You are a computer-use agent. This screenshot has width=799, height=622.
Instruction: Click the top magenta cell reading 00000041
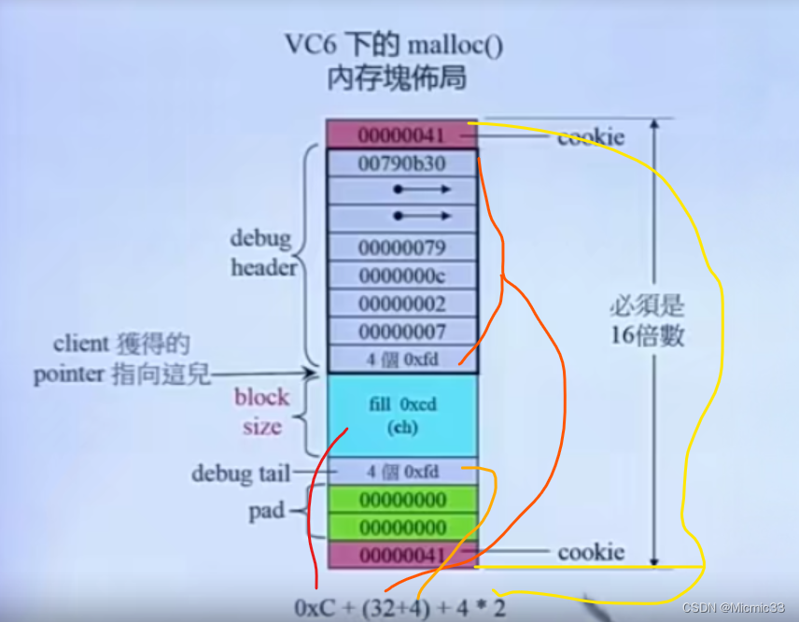[x=401, y=134]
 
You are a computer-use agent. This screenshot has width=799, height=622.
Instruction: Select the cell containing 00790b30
[x=401, y=163]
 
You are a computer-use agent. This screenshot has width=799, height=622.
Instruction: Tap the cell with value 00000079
[x=401, y=247]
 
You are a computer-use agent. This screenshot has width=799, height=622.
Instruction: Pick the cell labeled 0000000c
[x=401, y=276]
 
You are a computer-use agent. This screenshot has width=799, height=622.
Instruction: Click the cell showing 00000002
[x=401, y=304]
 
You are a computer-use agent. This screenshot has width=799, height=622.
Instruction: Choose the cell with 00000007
[x=401, y=331]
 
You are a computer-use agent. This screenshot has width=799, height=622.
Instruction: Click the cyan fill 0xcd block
[x=401, y=416]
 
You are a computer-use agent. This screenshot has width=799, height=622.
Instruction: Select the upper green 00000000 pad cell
[x=401, y=499]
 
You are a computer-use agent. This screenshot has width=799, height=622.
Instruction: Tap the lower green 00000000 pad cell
[x=401, y=527]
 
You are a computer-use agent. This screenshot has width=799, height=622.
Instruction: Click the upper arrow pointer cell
[x=401, y=190]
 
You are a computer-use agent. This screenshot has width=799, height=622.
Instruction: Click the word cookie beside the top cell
[x=591, y=137]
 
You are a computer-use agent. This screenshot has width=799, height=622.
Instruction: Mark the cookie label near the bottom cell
[x=591, y=552]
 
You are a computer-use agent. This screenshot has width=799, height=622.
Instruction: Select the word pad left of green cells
[x=265, y=512]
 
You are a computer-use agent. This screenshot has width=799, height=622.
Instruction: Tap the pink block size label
[x=261, y=412]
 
